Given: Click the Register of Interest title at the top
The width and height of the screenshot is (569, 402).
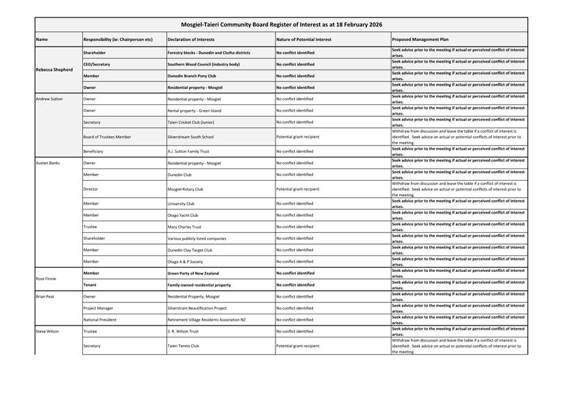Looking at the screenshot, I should click(x=281, y=24).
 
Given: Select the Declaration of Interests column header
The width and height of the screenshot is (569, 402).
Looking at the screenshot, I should click(x=191, y=40).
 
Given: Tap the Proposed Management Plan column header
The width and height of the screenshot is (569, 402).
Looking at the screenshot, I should click(x=420, y=40).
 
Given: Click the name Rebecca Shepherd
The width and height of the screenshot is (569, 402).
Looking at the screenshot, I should click(x=55, y=70).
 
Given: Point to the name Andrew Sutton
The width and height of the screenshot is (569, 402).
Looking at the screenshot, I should click(x=49, y=99).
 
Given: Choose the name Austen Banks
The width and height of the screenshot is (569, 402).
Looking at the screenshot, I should click(x=48, y=163).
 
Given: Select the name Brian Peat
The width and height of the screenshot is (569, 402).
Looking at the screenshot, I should click(x=45, y=296).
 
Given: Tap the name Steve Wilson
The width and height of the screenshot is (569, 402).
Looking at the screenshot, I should click(x=47, y=331).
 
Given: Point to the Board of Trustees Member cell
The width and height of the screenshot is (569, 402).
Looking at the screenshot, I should click(x=107, y=137).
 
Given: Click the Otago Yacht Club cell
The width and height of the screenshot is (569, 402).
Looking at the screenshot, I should click(x=183, y=215).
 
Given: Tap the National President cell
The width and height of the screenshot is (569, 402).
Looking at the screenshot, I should click(x=100, y=319).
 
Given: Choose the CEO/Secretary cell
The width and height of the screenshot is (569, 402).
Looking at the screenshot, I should click(x=97, y=64).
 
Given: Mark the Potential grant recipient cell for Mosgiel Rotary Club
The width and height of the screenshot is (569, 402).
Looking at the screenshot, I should click(x=298, y=189).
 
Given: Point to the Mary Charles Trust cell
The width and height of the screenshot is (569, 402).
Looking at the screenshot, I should click(x=184, y=227).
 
